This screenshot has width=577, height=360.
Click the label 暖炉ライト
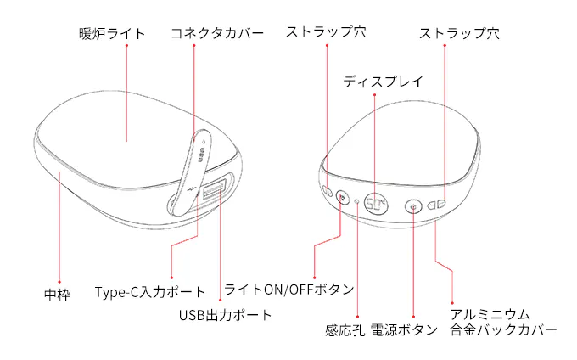click(x=112, y=34)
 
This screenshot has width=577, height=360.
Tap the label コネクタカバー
click(x=217, y=33)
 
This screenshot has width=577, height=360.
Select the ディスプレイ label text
click(x=383, y=82)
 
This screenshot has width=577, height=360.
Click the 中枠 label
click(x=57, y=295)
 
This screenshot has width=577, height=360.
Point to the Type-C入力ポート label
click(x=150, y=292)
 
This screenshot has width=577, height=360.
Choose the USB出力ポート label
click(x=225, y=316)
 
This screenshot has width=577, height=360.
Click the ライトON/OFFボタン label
click(x=289, y=290)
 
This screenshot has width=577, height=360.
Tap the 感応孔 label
click(x=345, y=330)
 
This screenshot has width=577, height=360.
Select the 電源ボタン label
click(x=404, y=329)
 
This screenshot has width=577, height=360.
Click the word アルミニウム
click(x=490, y=315)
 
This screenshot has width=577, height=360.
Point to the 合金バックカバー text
click(x=503, y=329)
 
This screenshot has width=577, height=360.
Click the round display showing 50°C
click(x=376, y=204)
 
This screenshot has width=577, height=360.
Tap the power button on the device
click(x=413, y=207)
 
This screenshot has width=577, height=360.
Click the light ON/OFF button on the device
click(x=343, y=198)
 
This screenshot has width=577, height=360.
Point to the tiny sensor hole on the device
click(x=356, y=201)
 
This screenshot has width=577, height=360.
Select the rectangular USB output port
click(x=214, y=188)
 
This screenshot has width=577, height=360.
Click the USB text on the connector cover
click(x=201, y=155)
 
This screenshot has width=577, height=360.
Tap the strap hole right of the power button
click(x=436, y=205)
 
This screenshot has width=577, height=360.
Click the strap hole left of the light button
click(x=328, y=191)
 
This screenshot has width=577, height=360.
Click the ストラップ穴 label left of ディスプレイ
click(x=326, y=32)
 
